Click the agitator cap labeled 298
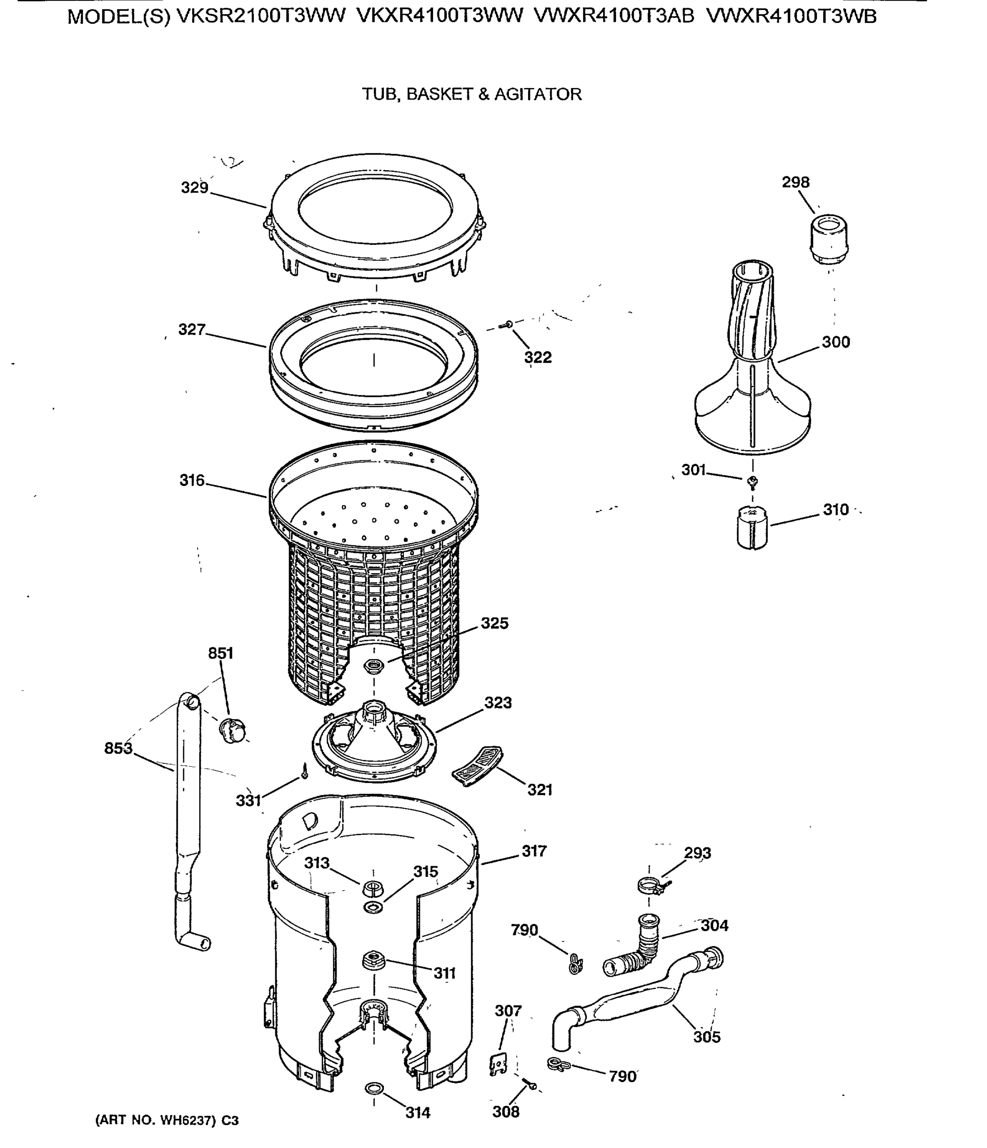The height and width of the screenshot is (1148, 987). [x=829, y=239]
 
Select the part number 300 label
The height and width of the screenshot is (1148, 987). [x=835, y=342]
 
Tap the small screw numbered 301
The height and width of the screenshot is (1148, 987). [x=752, y=482]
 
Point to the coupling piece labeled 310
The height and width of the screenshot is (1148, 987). [x=752, y=529]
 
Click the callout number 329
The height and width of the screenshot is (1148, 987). [x=195, y=188]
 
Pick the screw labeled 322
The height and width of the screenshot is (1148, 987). [x=506, y=325]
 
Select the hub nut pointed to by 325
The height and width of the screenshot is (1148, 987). [x=374, y=665]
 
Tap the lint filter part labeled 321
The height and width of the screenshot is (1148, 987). [x=477, y=766]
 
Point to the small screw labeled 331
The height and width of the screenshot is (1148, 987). [x=304, y=771]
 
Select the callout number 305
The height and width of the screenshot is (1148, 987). [x=707, y=1037]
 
